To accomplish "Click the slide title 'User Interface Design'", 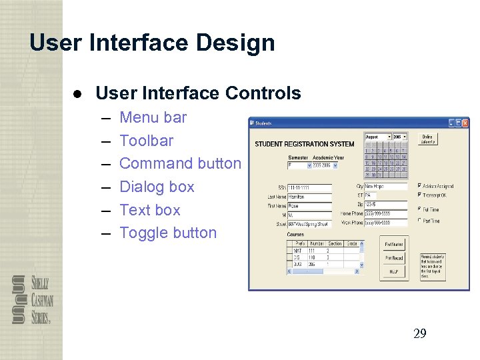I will tap(152, 43).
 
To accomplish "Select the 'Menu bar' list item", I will tap(153, 118).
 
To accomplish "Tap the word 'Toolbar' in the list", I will tap(146, 141).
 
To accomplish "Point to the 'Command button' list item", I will tap(180, 164).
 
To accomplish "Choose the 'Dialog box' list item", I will tap(157, 187).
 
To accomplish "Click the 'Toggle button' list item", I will tap(168, 233).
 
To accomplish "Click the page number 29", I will tap(419, 334).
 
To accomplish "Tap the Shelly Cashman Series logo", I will tap(32, 299).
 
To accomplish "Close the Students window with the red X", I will tap(465, 123).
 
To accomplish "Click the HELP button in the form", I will tap(393, 271).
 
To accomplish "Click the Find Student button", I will tap(393, 245).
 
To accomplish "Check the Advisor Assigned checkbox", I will tap(419, 186).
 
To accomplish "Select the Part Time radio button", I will tap(419, 221).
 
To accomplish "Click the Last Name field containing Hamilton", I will tap(309, 197).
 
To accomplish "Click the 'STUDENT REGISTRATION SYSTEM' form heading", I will tap(305, 144).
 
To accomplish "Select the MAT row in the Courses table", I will tap(300, 250).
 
